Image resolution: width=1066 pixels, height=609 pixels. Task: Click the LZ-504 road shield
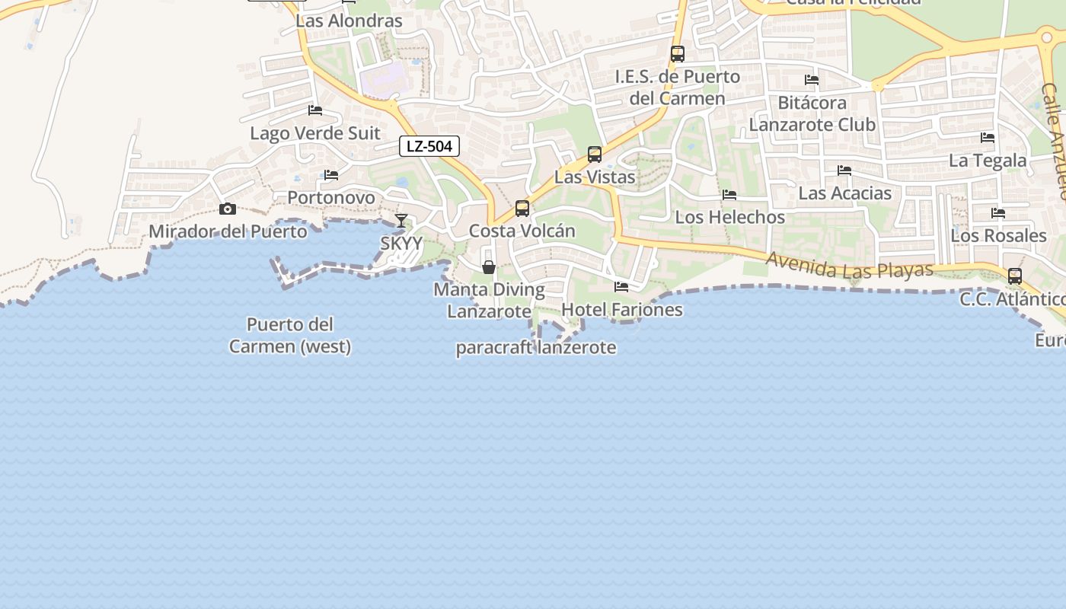click(x=429, y=146)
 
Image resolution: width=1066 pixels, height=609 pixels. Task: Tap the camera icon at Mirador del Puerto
click(x=227, y=209)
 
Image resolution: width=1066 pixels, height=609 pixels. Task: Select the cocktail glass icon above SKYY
click(x=401, y=221)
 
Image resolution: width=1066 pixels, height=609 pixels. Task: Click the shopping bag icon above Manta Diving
click(x=489, y=267)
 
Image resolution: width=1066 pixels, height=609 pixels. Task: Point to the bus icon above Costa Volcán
click(x=522, y=208)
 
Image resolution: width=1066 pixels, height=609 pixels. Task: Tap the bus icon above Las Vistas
click(x=595, y=155)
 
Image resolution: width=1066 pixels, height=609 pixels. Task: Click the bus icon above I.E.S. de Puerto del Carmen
click(x=677, y=54)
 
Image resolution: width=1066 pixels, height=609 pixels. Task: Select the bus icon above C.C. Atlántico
click(x=1015, y=276)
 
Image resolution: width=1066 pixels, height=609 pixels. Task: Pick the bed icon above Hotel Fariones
click(x=621, y=287)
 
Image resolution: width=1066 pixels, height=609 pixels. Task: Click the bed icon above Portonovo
click(x=331, y=175)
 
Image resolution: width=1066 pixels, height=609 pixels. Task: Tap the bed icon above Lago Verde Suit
click(x=315, y=110)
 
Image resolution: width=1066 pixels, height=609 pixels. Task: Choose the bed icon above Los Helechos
click(x=729, y=195)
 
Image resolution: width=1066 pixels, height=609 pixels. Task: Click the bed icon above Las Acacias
click(x=844, y=171)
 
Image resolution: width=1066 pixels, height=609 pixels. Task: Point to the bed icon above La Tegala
click(x=988, y=138)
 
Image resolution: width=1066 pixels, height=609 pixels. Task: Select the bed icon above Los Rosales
click(x=998, y=213)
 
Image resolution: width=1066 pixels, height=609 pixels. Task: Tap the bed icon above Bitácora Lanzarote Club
click(x=812, y=80)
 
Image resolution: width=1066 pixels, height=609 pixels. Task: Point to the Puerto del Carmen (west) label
click(x=290, y=336)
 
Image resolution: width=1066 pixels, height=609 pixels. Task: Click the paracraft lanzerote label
click(x=536, y=348)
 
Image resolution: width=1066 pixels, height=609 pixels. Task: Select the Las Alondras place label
click(x=349, y=21)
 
